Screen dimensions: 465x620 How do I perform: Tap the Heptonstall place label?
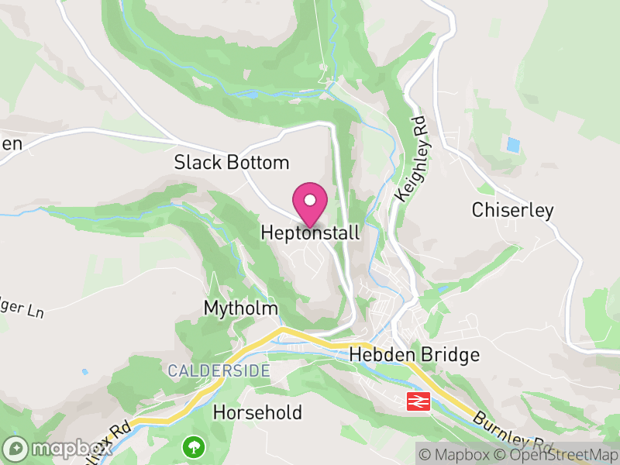coord(310,232)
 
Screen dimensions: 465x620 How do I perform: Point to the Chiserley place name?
coord(512,210)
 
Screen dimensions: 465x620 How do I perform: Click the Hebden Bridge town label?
coord(415,355)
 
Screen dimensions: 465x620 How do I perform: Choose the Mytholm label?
coord(240,308)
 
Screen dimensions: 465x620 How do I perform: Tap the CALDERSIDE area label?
coord(219,371)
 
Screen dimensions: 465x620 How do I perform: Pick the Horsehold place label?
coord(257,412)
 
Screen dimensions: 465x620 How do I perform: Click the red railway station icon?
coord(418,401)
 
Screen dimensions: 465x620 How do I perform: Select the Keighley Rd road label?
coord(410,160)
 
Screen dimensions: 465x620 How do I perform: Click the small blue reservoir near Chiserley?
coord(512,145)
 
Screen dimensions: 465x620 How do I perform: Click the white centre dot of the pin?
coord(310,200)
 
